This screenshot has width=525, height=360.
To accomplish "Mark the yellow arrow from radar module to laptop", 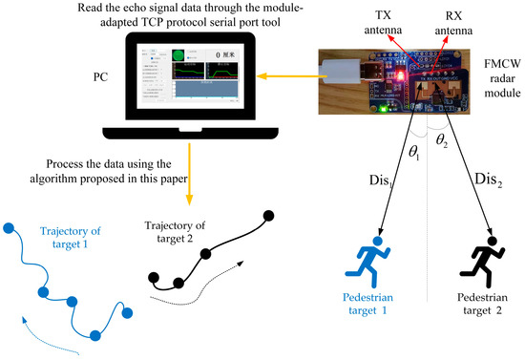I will (279, 74).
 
